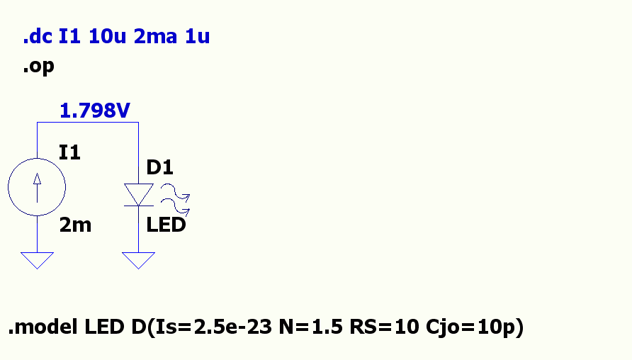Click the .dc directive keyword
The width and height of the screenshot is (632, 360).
pos(38,38)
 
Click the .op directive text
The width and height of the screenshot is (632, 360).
pos(38,67)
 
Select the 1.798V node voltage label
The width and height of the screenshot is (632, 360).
pos(95,111)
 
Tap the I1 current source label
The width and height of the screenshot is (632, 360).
pos(69,152)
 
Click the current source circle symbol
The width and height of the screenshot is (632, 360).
pos(37,189)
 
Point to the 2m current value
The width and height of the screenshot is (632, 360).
pos(75,225)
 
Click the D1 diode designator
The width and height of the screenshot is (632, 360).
pos(160,167)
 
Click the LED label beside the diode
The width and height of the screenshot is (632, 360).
pos(166,225)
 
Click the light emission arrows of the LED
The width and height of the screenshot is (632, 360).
pos(175,198)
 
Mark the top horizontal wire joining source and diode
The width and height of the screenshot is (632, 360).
pos(87,123)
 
